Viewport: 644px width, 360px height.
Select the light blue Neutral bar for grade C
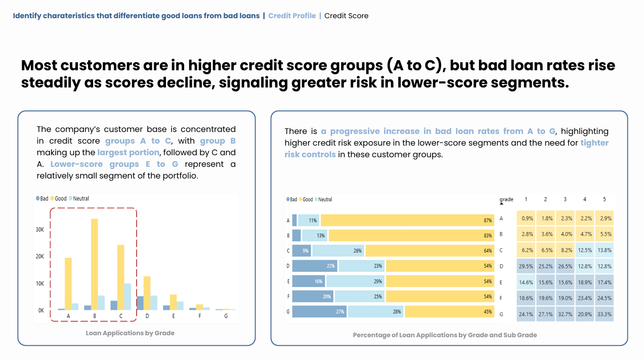pyautogui.click(x=127, y=296)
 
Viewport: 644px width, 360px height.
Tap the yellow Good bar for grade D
pyautogui.click(x=147, y=293)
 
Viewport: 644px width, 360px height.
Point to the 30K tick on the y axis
pyautogui.click(x=39, y=229)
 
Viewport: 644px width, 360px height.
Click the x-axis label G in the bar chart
pyautogui.click(x=226, y=317)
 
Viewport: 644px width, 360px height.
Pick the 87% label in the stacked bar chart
pyautogui.click(x=488, y=220)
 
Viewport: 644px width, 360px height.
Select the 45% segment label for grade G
pyautogui.click(x=488, y=312)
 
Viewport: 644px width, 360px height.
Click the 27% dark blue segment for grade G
pyautogui.click(x=319, y=312)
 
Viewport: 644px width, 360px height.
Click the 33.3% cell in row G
pyautogui.click(x=604, y=314)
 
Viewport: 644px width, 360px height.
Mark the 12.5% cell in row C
pyautogui.click(x=584, y=250)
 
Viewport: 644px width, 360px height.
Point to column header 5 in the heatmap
pyautogui.click(x=604, y=199)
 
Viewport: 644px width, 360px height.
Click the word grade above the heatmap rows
pyautogui.click(x=506, y=199)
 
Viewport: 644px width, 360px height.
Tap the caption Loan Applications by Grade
pyautogui.click(x=130, y=333)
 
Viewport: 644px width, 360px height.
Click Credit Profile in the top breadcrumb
pyautogui.click(x=292, y=16)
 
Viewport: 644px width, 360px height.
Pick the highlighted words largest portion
pyautogui.click(x=128, y=152)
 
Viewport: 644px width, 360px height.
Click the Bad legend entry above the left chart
pyautogui.click(x=42, y=199)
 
